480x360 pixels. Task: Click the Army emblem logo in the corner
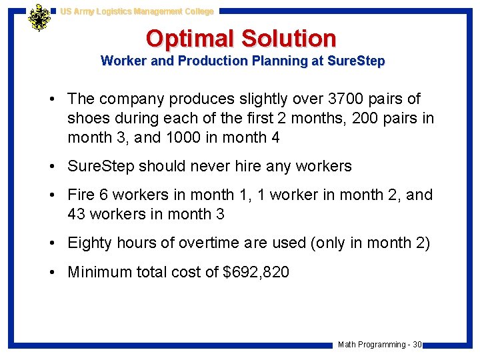tap(39, 17)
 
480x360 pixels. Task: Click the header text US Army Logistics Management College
tap(137, 11)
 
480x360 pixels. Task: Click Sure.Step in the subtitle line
tap(356, 61)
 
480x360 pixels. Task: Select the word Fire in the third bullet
tap(81, 195)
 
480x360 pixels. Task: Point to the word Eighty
tap(90, 243)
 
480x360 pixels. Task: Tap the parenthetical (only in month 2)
tap(370, 243)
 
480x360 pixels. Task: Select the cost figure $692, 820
tap(256, 272)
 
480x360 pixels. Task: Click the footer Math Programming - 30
tap(379, 345)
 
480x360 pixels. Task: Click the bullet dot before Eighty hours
tap(51, 243)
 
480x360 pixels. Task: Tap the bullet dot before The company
tap(51, 99)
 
